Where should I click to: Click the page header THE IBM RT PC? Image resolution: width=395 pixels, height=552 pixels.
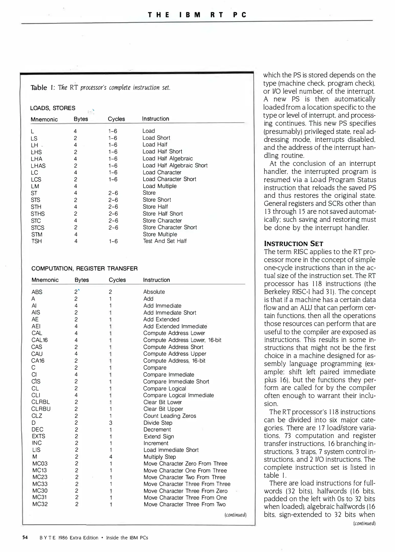click(x=197, y=15)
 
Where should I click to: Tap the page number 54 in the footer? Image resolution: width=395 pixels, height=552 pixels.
click(x=25, y=537)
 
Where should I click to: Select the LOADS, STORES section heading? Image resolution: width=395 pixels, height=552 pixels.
click(x=53, y=108)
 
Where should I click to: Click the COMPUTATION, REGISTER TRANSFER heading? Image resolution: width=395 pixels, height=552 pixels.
click(x=84, y=268)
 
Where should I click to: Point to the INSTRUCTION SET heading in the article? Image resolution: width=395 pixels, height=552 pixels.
click(x=294, y=244)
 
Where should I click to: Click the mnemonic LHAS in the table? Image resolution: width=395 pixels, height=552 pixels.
click(x=38, y=166)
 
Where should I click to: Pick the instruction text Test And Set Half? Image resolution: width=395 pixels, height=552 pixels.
click(x=165, y=241)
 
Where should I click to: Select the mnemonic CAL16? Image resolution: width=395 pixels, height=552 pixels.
click(x=40, y=340)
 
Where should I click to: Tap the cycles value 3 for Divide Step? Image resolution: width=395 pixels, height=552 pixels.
click(x=111, y=423)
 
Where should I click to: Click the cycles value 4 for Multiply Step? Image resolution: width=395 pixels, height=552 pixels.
click(x=111, y=457)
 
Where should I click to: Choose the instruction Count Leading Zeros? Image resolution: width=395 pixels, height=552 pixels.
click(x=170, y=416)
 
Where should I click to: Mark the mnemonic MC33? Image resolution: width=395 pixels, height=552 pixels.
click(x=40, y=484)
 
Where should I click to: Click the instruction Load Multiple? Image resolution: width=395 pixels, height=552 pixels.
click(x=160, y=186)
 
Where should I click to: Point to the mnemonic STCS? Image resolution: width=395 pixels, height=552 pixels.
click(x=38, y=227)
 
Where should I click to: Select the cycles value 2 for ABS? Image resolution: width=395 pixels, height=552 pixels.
click(x=110, y=292)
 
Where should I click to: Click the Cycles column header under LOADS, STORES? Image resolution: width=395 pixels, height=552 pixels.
click(x=116, y=119)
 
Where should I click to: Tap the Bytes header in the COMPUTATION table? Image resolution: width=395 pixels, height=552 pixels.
click(x=82, y=280)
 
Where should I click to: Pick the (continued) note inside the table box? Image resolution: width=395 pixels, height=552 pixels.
click(x=235, y=515)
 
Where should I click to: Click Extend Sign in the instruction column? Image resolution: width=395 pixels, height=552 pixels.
click(x=159, y=436)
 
